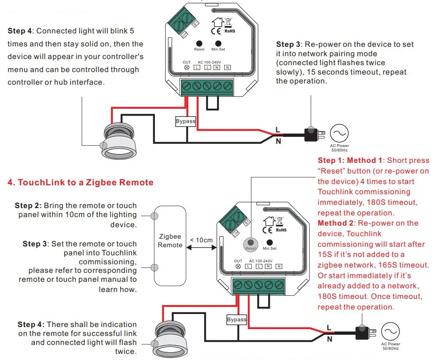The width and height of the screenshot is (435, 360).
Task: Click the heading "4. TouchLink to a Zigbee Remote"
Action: pos(80,182)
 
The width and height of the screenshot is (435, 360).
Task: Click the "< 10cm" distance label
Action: pos(201,240)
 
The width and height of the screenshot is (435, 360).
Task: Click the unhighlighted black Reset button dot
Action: pos(199,43)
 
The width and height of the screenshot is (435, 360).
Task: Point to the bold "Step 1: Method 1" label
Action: pos(350,160)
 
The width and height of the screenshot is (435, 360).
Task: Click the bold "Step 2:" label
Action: pos(28,206)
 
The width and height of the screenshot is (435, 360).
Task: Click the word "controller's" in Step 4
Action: pos(122,57)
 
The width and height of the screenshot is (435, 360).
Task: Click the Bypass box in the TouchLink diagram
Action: pos(237,320)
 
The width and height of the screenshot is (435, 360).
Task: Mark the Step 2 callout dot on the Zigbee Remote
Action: pos(155,215)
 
